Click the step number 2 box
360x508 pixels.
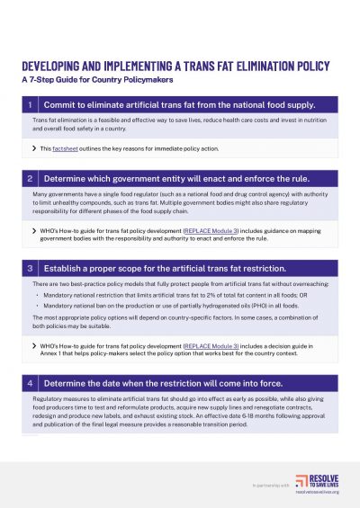pyautogui.click(x=32, y=178)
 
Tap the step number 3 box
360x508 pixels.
pyautogui.click(x=32, y=268)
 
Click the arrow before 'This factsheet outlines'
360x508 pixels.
pyautogui.click(x=34, y=147)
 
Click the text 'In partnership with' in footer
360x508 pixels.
pyautogui.click(x=271, y=484)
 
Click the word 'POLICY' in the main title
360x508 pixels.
pyautogui.click(x=305, y=65)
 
